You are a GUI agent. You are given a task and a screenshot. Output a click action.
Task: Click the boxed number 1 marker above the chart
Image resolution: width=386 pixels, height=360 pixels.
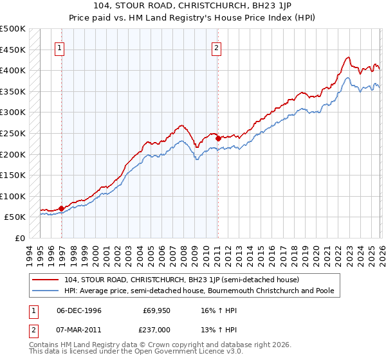60,47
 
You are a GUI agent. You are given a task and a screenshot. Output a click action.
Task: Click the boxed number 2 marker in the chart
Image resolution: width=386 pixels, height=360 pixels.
217,47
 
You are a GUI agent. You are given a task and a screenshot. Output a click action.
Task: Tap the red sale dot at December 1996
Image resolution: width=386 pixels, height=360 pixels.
61,208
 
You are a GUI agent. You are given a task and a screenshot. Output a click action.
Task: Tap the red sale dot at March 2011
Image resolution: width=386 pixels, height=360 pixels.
218,138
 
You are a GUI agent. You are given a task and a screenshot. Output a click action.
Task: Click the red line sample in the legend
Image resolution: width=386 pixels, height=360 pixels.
46,280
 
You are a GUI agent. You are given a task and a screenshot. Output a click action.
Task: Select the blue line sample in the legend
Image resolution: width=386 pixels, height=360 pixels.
46,291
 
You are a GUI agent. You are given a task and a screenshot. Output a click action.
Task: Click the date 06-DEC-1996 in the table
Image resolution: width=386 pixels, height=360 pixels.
78,310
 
